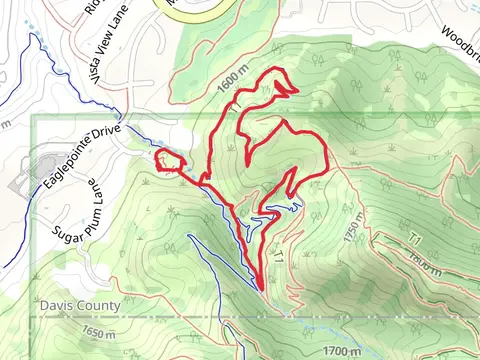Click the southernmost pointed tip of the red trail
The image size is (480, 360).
tap(262, 290)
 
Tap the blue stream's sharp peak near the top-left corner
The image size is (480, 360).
tap(36, 38)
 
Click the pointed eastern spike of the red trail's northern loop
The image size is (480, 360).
tap(296, 91)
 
